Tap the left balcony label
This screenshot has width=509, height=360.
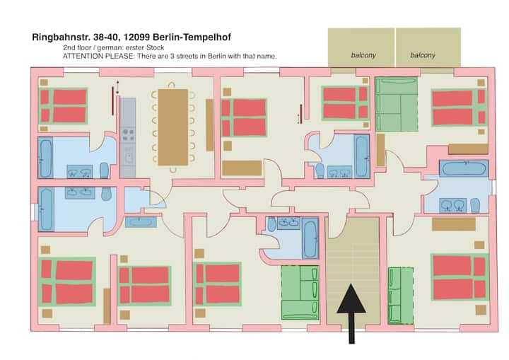[x=363, y=55]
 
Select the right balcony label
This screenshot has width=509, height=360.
[x=422, y=55]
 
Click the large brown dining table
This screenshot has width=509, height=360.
[x=173, y=127]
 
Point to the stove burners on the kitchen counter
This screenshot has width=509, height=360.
[x=128, y=135]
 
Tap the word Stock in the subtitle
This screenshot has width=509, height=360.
[x=155, y=48]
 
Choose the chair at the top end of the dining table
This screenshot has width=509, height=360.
[x=171, y=86]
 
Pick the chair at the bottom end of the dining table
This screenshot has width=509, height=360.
[x=173, y=169]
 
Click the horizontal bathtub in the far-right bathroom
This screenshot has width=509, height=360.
[x=464, y=168]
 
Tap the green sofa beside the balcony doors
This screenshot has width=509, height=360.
[x=396, y=104]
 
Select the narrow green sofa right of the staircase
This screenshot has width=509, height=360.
[x=401, y=296]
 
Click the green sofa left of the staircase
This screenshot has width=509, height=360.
[x=300, y=292]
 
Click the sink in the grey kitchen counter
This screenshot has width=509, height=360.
[x=129, y=158]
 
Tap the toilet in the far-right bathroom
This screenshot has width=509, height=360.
[x=475, y=205]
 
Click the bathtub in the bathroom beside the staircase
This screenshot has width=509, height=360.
[x=310, y=238]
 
